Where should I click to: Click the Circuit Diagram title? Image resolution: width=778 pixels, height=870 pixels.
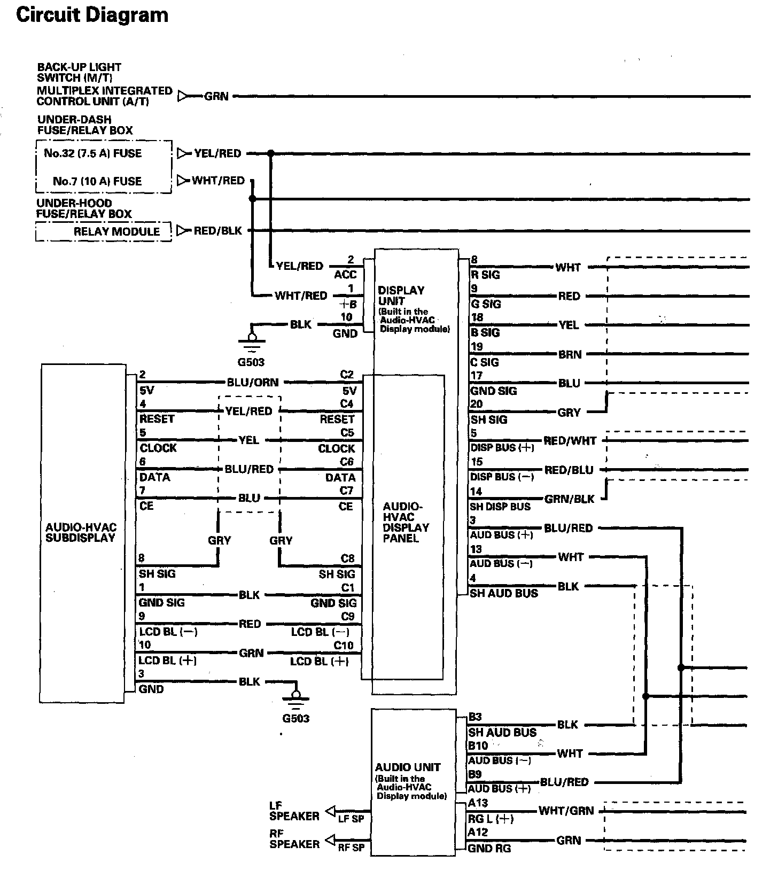92,15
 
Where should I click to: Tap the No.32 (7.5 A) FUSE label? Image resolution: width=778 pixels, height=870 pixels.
92,153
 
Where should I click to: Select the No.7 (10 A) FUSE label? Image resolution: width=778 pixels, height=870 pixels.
97,181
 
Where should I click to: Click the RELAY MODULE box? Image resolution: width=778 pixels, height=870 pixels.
104,232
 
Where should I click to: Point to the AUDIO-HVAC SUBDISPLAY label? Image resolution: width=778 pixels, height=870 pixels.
81,533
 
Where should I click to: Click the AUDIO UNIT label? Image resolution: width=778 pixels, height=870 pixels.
408,767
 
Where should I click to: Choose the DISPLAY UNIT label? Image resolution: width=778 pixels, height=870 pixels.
401,296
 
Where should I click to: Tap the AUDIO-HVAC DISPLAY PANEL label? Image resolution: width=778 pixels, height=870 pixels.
406,522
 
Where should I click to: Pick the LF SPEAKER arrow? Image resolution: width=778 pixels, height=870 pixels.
330,811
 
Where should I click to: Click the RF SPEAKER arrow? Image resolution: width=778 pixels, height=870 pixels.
330,838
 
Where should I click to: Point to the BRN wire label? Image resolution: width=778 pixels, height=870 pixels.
570,354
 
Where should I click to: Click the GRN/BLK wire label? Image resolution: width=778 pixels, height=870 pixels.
569,499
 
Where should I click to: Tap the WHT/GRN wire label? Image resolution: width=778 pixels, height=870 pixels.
566,811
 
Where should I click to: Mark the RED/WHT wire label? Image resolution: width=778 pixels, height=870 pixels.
570,441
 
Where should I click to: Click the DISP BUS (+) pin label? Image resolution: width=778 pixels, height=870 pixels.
502,448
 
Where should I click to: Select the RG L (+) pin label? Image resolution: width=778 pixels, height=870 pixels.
491,819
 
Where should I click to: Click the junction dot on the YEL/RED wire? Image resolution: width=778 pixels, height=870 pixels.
270,153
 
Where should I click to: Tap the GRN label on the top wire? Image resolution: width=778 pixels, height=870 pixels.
216,97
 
